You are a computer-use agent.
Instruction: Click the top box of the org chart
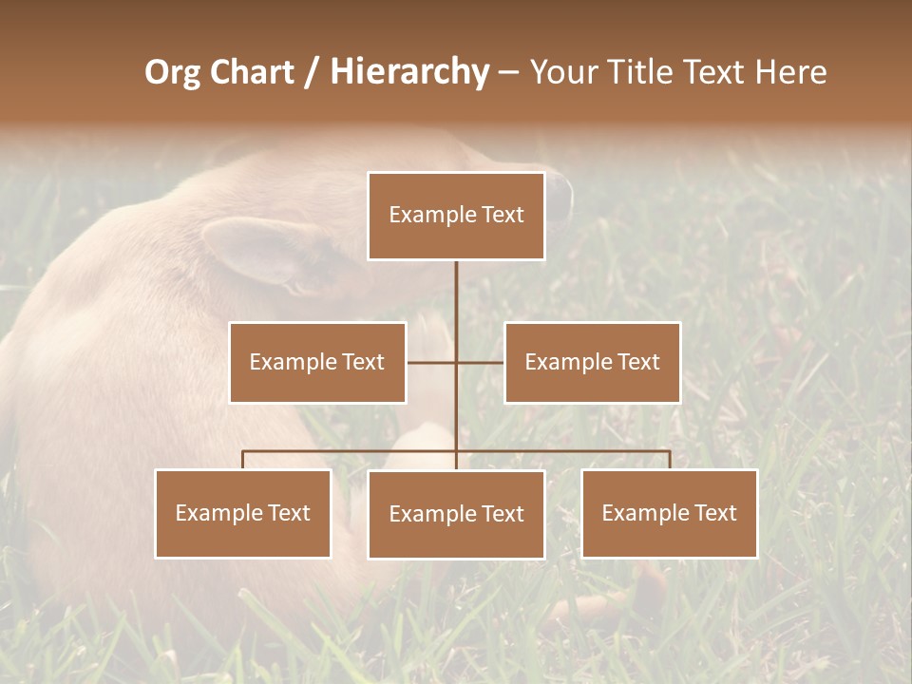click(456, 216)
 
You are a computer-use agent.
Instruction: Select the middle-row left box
click(317, 362)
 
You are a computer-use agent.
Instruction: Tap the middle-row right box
click(592, 362)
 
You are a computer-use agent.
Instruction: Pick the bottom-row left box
click(243, 513)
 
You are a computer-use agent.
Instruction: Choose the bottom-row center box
click(456, 514)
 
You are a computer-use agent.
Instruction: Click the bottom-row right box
click(669, 513)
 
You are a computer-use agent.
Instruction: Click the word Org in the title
click(172, 72)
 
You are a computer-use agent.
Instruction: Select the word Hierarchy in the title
click(408, 72)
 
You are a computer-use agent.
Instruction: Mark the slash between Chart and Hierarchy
click(313, 73)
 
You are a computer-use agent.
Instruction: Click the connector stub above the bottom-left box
click(243, 460)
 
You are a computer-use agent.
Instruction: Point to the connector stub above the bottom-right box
click(669, 460)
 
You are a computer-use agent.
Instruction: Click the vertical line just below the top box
click(456, 285)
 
